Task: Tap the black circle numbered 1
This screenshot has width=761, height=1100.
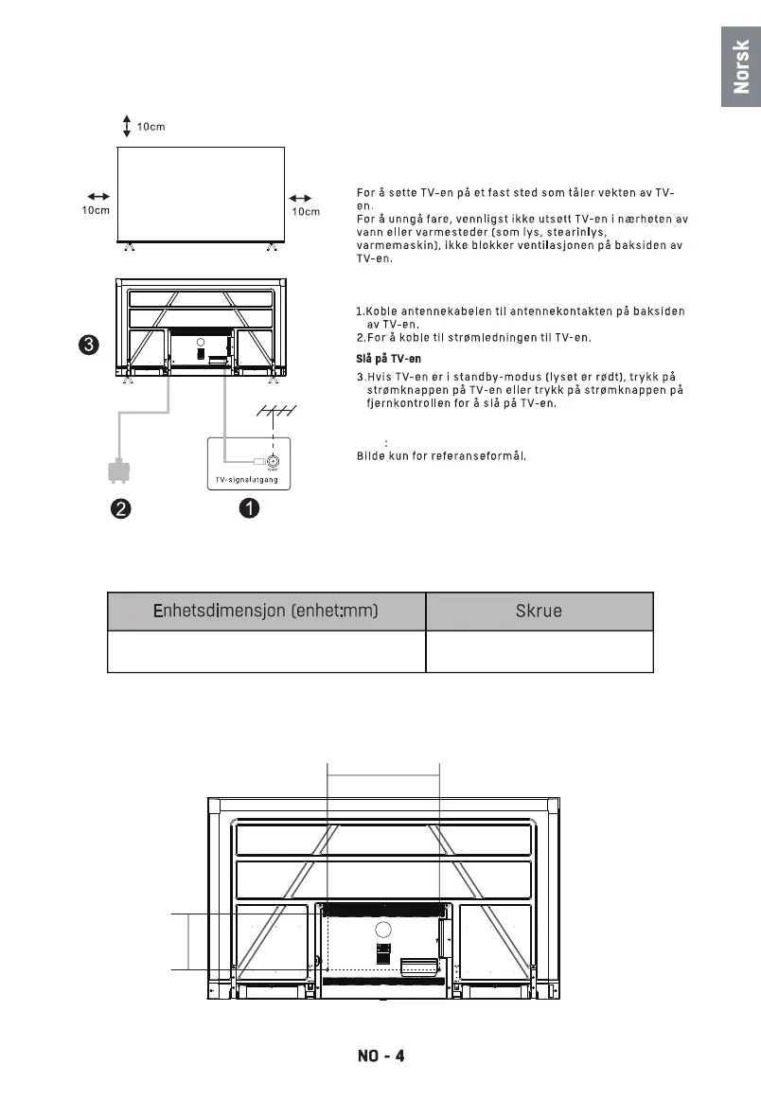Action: [248, 508]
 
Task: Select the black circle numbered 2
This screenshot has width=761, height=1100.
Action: [119, 508]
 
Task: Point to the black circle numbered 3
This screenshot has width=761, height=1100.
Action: [86, 346]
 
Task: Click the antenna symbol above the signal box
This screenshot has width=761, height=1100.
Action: [275, 413]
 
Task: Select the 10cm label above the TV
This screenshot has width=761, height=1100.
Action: [151, 128]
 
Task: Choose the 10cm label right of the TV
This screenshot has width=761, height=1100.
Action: [305, 211]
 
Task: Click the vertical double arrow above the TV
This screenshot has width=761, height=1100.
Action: [127, 126]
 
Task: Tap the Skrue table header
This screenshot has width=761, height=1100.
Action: [540, 611]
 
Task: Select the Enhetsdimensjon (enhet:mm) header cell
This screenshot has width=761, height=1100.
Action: [266, 611]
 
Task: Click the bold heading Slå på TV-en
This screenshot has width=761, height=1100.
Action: [381, 359]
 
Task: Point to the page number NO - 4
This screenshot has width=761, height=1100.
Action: [380, 1056]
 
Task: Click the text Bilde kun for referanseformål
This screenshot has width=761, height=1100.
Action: [441, 455]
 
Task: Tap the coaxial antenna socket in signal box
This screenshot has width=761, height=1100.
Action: [273, 461]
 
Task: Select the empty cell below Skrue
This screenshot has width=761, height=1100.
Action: [540, 651]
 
